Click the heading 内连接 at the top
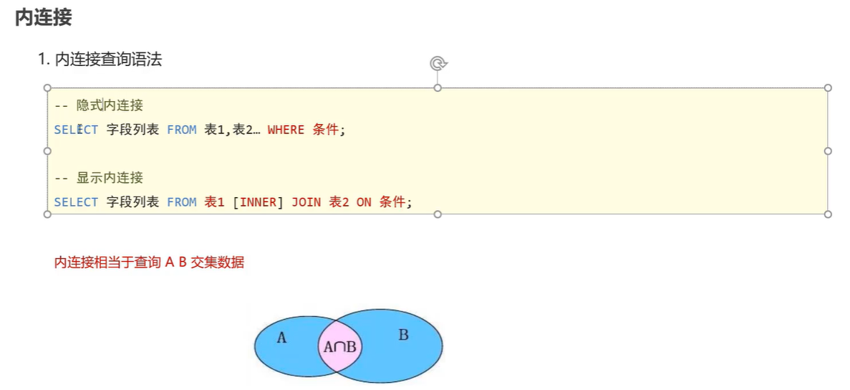click(44, 18)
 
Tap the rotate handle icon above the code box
click(438, 64)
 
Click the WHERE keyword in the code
click(286, 130)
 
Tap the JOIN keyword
click(306, 202)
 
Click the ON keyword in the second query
click(364, 202)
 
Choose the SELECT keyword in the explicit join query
click(76, 202)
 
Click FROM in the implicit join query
click(181, 130)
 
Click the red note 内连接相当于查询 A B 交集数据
click(149, 262)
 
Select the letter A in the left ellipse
click(281, 338)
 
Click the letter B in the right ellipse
click(403, 335)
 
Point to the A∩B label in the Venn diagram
click(340, 348)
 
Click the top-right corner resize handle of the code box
click(828, 87)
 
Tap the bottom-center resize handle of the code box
click(438, 214)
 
